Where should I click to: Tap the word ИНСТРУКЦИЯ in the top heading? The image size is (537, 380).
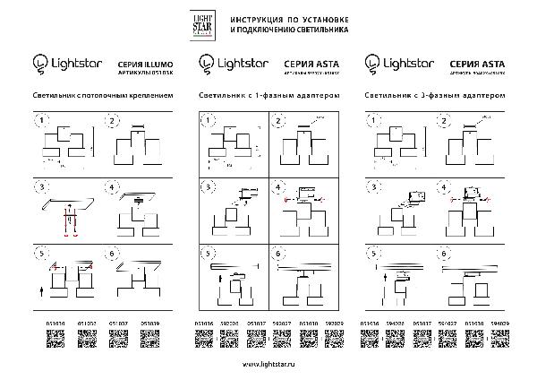tap(259, 18)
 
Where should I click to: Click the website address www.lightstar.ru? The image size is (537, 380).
tap(268, 366)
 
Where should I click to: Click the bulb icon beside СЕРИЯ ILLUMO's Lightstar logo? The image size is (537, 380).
tap(39, 64)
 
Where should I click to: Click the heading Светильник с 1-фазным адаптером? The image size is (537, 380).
tap(268, 93)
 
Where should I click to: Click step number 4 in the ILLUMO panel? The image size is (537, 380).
tap(113, 188)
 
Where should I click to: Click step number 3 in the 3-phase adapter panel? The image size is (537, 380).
tap(373, 187)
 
